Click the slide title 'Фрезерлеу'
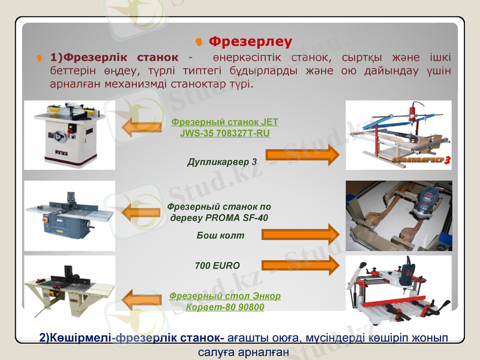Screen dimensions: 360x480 click(x=250, y=41)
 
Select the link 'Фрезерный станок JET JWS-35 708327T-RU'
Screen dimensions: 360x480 click(x=224, y=127)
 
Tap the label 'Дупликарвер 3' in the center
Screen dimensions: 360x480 click(x=222, y=161)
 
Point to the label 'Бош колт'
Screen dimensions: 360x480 click(x=220, y=235)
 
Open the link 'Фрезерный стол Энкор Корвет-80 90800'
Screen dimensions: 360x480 click(x=224, y=301)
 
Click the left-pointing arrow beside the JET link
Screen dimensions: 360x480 click(x=142, y=127)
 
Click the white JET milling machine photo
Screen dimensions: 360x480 click(x=69, y=135)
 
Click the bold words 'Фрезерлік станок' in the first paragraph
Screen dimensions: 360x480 click(x=121, y=58)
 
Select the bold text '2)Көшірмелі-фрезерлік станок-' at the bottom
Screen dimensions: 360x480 click(x=132, y=337)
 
